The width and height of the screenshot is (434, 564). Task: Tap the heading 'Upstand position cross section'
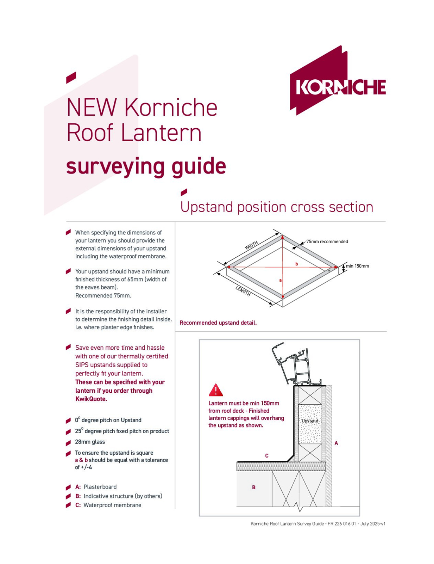click(x=277, y=207)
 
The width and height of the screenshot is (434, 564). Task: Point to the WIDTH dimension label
click(x=251, y=245)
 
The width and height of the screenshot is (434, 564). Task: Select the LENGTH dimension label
click(x=243, y=291)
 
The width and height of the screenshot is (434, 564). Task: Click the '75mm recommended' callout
click(x=327, y=242)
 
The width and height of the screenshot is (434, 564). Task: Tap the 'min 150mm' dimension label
click(x=357, y=266)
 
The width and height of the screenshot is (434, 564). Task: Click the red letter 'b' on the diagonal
click(x=297, y=264)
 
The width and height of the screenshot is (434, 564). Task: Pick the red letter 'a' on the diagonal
click(x=281, y=280)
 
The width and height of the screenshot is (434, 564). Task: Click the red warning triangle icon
click(x=216, y=390)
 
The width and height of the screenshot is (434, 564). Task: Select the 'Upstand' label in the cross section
click(x=310, y=421)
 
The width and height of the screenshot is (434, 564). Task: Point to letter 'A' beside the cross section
click(x=336, y=443)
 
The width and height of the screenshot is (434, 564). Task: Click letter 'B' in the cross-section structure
click(x=254, y=488)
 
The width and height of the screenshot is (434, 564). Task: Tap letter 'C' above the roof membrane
click(x=267, y=456)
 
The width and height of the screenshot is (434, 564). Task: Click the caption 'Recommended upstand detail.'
click(x=218, y=323)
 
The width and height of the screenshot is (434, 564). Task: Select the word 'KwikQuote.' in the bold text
click(x=91, y=399)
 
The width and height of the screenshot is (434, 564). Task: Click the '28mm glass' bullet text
click(x=90, y=442)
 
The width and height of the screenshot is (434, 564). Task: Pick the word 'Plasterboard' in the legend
click(x=100, y=487)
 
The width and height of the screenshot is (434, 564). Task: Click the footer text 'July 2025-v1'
click(x=373, y=524)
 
